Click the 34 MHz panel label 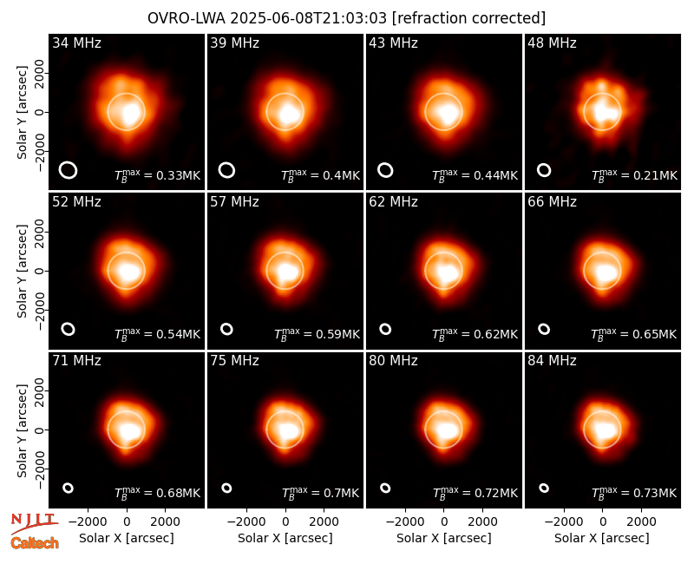tap(76, 43)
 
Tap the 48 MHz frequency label tap(552, 43)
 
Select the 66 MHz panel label tap(552, 202)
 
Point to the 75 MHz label tap(234, 361)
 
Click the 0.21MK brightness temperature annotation tap(634, 175)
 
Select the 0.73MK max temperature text tap(634, 492)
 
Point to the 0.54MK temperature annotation tap(158, 333)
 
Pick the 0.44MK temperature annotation tap(475, 175)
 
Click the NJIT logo tap(34, 523)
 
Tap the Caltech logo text tap(35, 543)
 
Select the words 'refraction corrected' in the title tap(468, 18)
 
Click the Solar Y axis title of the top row tap(22, 113)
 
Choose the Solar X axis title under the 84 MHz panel tap(602, 538)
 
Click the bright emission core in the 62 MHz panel tap(448, 272)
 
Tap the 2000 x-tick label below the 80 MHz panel tap(483, 521)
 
